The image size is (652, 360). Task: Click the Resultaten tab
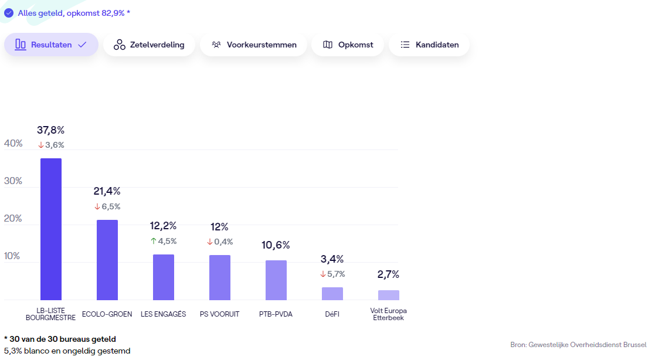coord(51,45)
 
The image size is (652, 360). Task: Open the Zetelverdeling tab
coord(149,45)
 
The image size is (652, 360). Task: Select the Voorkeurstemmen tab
coord(253,45)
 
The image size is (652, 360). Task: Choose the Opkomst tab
coord(348,45)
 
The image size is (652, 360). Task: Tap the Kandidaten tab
coord(429,45)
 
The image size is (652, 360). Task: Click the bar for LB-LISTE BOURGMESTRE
coord(51,229)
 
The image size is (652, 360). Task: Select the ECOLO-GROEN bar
coord(107,260)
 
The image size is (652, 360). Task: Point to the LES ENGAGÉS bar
coord(164,277)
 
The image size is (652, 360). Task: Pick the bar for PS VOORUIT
coord(220,277)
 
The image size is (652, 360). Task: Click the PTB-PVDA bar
coord(276,280)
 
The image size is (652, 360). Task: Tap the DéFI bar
coord(332,294)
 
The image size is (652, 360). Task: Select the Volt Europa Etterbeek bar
coord(389,295)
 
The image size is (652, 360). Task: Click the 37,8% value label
coord(51,130)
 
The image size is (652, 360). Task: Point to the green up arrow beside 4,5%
coord(154,241)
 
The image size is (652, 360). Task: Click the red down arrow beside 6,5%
coord(97,206)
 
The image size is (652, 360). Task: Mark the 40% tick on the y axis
coord(13,144)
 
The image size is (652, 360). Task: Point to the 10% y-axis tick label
coord(13,256)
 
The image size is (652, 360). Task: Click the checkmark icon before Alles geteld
coord(9,12)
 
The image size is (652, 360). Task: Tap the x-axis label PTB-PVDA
coord(276,314)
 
